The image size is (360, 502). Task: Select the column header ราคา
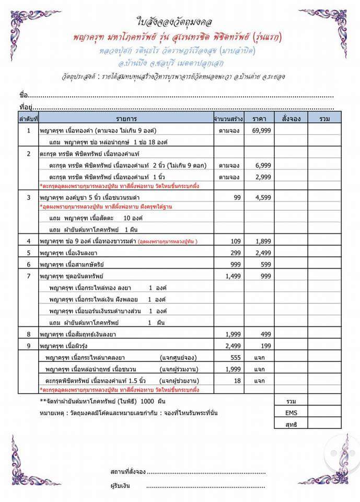click(260, 119)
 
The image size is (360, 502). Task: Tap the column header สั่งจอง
click(291, 119)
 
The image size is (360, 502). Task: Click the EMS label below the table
click(292, 413)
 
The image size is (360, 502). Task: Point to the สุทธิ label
click(292, 425)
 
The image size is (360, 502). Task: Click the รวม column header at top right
click(325, 119)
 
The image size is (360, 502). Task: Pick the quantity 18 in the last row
click(238, 381)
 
